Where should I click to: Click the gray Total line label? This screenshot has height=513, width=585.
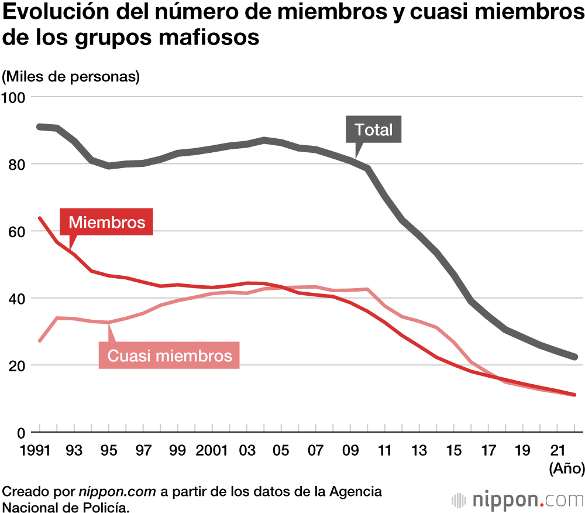coord(374,129)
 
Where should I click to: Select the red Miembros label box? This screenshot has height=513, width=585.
coord(106,222)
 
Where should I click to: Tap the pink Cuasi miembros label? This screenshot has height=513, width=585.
coord(169,355)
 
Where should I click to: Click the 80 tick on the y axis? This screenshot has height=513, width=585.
coord(18,164)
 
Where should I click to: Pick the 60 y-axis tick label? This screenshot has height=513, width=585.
coord(18,231)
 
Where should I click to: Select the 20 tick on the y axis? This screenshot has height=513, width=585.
coord(18,365)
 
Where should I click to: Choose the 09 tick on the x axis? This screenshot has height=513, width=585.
coord(350,450)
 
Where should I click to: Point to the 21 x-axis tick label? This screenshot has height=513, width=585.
coord(558,450)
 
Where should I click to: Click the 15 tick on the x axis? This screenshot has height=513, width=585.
coord(453,450)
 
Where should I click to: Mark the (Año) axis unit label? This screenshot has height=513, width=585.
coord(565,468)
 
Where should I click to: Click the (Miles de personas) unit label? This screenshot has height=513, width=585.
coord(71,76)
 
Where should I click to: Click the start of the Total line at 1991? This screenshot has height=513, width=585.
coord(39,126)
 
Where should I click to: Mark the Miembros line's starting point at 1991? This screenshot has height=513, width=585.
coord(39,218)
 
